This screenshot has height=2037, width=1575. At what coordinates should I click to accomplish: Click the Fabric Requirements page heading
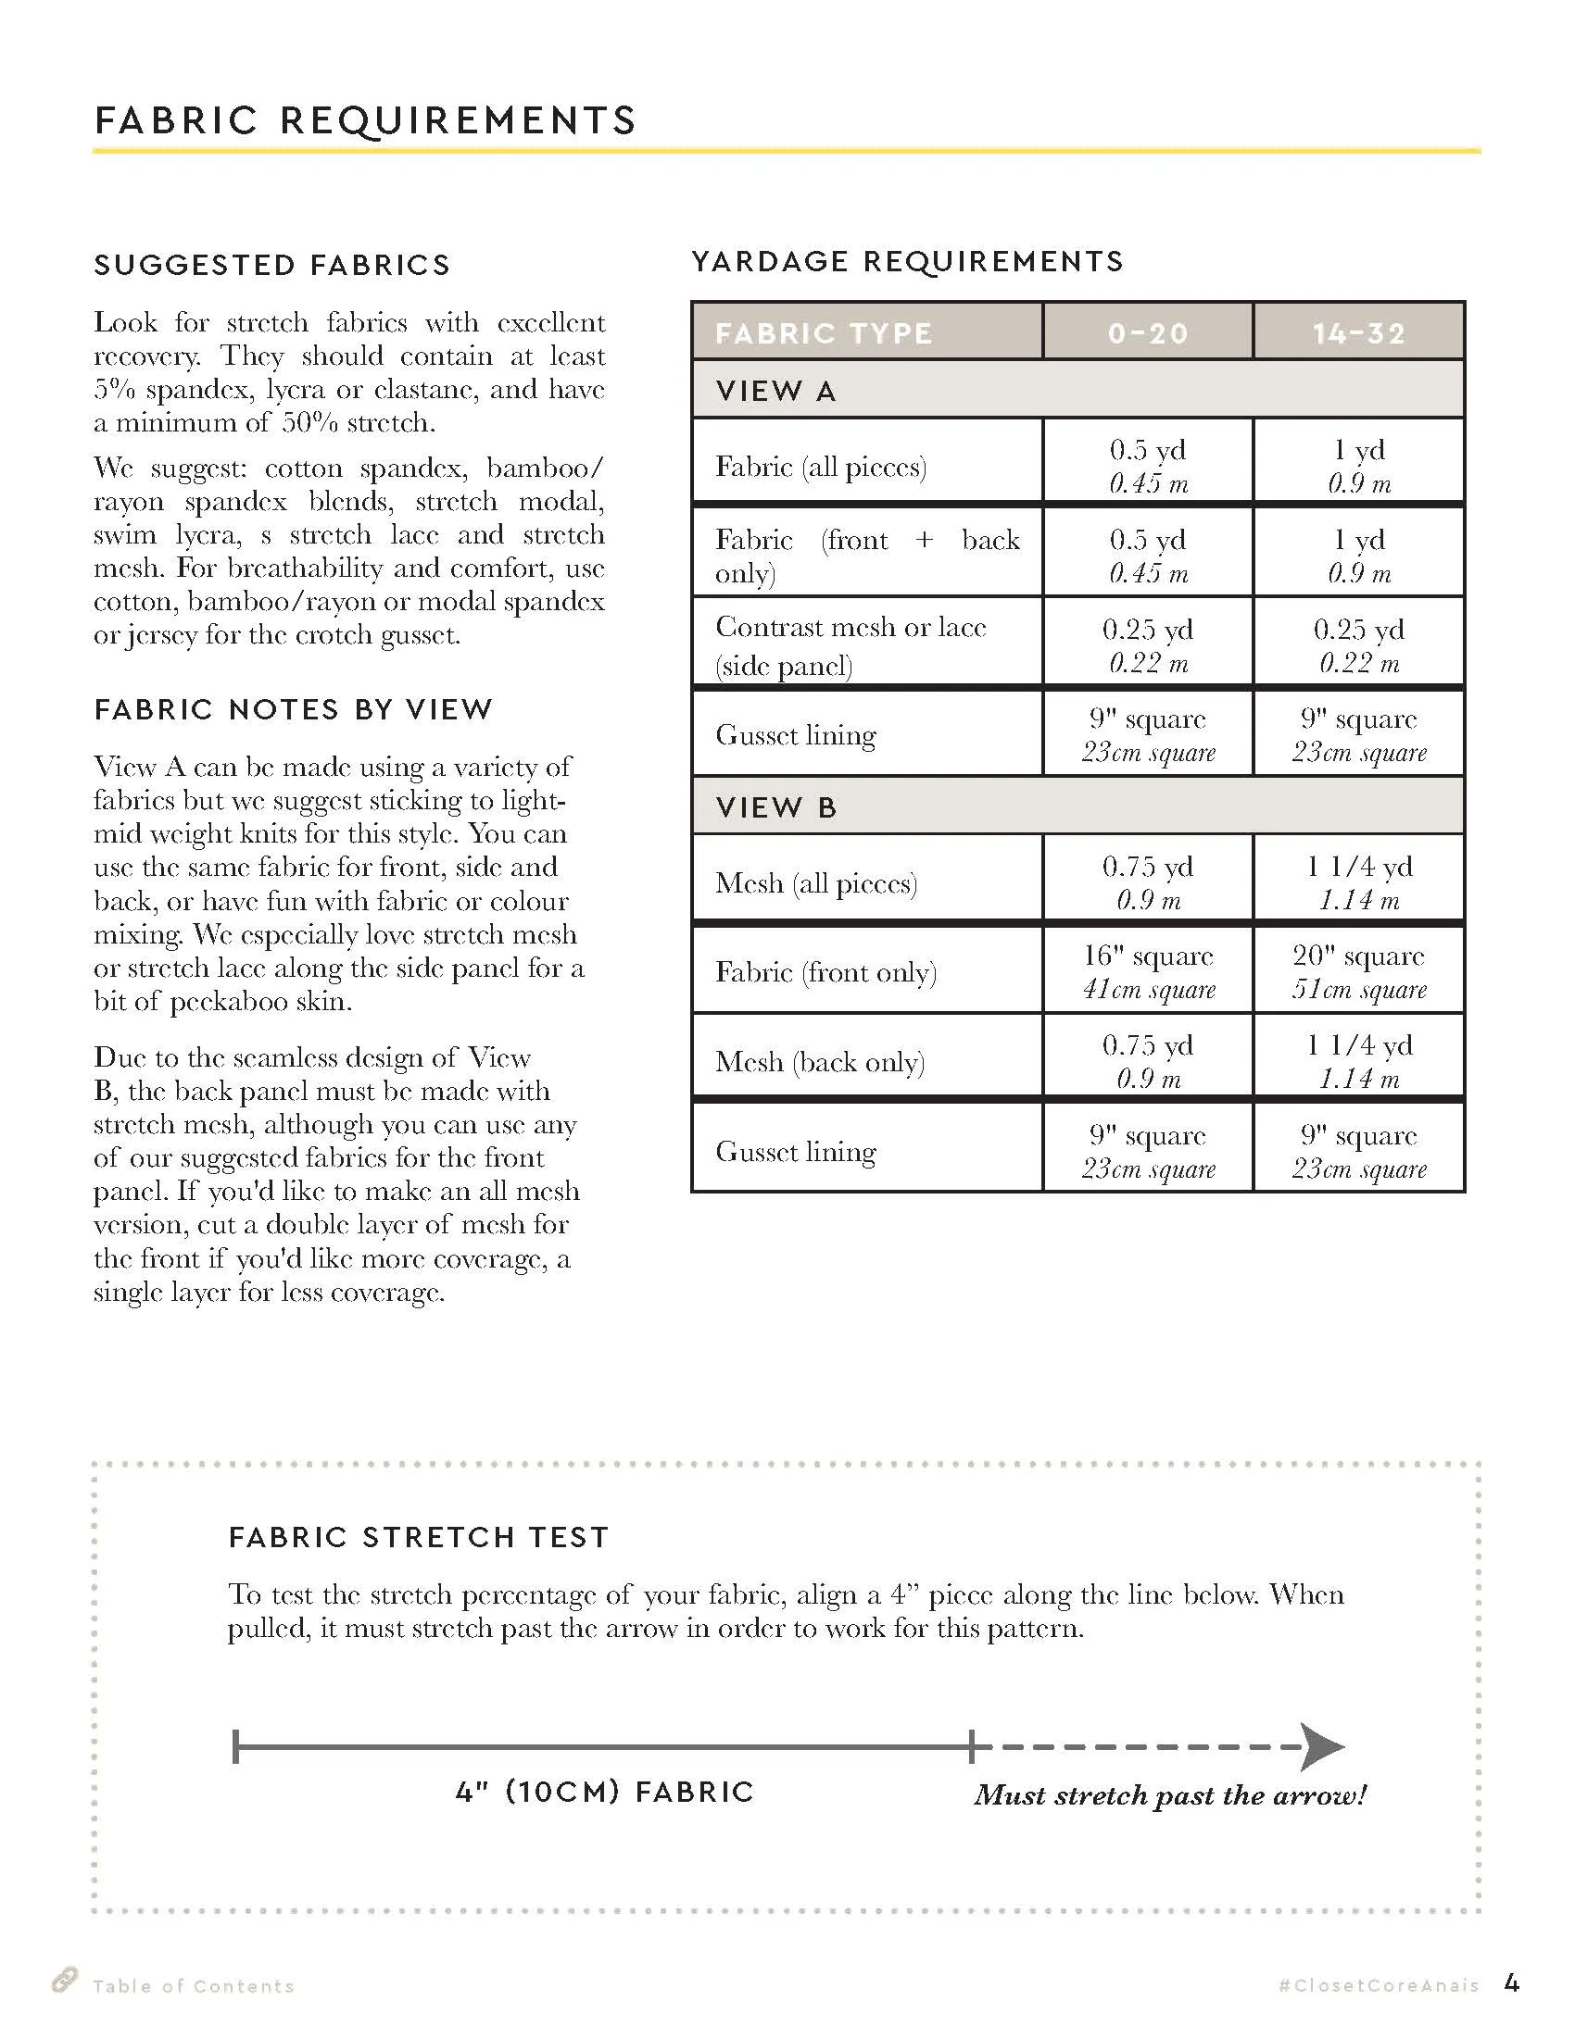[x=365, y=120]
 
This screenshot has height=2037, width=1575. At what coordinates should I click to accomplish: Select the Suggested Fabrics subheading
[x=271, y=266]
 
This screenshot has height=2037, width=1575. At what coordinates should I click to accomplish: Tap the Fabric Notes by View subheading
[x=293, y=710]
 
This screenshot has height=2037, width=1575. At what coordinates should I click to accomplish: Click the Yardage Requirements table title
[x=907, y=261]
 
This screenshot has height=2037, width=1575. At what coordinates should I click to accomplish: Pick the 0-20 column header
[x=1148, y=333]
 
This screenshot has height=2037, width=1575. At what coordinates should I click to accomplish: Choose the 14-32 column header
[x=1358, y=333]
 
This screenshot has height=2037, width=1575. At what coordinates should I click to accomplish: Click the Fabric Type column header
[x=823, y=333]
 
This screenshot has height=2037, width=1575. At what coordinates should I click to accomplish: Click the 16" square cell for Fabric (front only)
[x=1148, y=971]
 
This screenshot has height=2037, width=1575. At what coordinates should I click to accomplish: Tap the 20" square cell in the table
[x=1358, y=971]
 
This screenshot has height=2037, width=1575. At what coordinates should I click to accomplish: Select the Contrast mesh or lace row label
[x=850, y=644]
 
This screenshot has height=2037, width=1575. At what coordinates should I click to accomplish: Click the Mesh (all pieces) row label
[x=816, y=882]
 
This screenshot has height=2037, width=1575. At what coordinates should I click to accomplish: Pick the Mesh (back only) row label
[x=819, y=1061]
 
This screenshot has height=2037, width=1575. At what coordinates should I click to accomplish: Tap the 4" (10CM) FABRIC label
[x=605, y=1792]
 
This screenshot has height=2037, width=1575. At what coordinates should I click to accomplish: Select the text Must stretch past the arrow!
[x=1170, y=1794]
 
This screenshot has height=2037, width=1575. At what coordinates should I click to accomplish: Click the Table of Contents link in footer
[x=193, y=1986]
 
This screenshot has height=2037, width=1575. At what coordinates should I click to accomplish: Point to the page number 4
[x=1512, y=1983]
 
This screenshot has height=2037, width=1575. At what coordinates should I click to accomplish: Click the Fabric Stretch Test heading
[x=418, y=1537]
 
